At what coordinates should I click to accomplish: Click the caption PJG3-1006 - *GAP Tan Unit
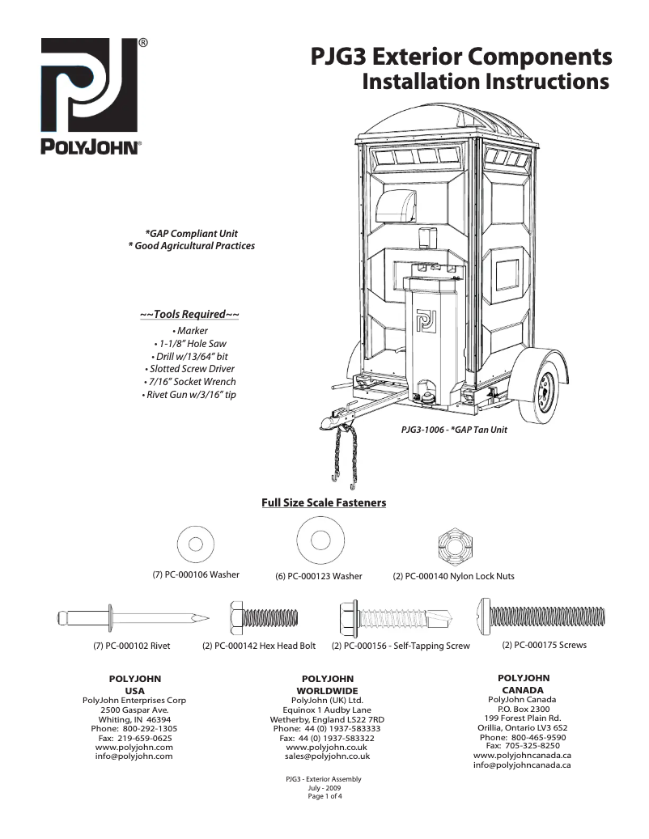[454, 430]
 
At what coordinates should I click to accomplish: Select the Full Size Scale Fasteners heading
[324, 503]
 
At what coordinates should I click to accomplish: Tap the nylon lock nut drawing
[454, 542]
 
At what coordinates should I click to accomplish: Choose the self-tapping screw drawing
[392, 619]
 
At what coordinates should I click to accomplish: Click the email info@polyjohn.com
[134, 756]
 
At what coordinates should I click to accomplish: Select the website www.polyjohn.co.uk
[328, 748]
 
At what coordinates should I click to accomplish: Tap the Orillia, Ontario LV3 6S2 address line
[522, 727]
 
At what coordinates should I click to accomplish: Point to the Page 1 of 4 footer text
[324, 797]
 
